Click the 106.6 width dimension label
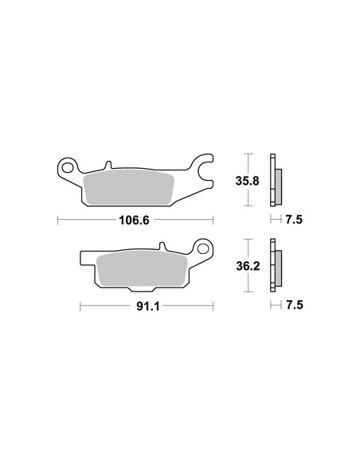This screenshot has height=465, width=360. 134,221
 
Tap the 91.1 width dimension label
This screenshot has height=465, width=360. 148,307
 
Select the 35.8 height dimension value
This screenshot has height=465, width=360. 248,181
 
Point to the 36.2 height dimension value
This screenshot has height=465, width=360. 248,266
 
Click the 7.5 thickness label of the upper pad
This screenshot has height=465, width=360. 294,220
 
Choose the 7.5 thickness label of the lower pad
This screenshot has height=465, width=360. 295,305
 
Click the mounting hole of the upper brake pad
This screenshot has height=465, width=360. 68,168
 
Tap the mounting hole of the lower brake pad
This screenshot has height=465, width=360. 203,248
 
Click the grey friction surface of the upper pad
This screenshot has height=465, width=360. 129,187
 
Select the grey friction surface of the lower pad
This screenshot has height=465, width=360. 142,268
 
